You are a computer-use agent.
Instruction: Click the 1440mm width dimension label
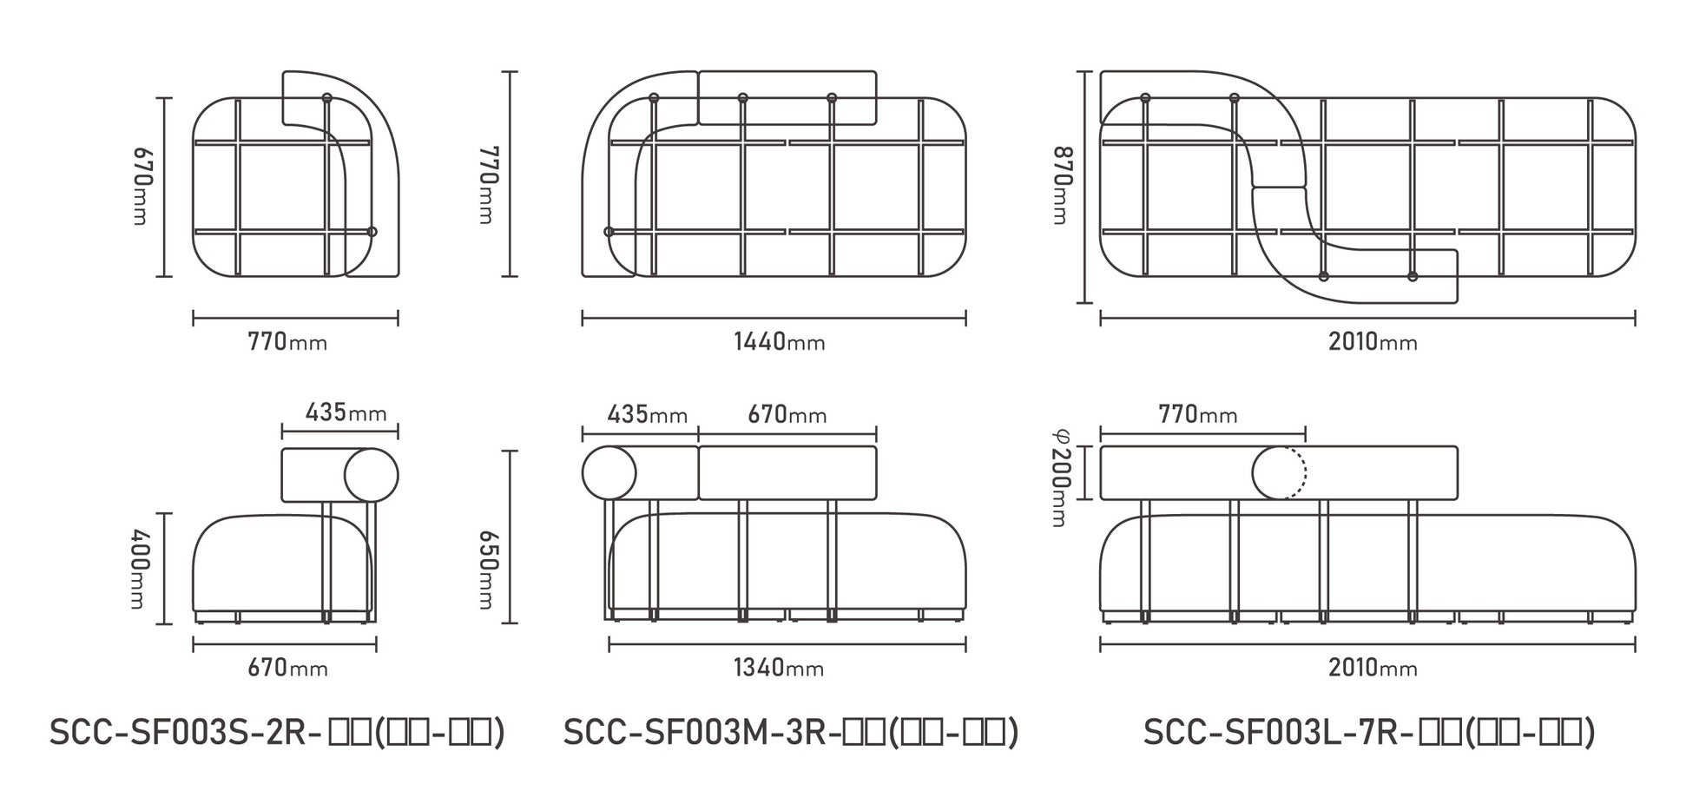pos(779,341)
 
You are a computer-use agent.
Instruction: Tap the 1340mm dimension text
pos(779,668)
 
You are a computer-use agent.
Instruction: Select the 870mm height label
pos(1059,187)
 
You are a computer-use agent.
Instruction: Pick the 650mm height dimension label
pos(488,569)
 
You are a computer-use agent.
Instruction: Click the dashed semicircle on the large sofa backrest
pos(1297,473)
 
